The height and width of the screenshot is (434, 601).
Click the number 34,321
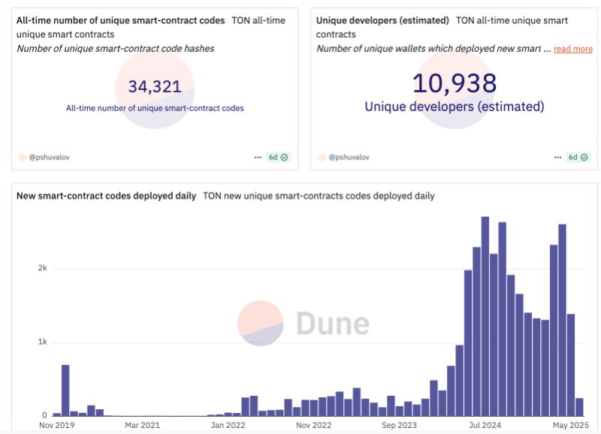coord(155,86)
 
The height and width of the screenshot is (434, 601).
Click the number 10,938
coord(455,83)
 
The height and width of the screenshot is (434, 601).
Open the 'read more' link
coord(572,49)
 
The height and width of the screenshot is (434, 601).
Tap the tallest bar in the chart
coord(485,315)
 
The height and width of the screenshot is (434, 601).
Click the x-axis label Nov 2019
coord(57,424)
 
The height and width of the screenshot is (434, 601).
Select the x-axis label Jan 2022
coord(228,424)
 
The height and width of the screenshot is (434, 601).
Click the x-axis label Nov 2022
coord(313,424)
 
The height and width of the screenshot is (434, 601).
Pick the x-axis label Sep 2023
coord(399,424)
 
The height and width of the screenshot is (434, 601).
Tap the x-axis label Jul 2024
coord(485,424)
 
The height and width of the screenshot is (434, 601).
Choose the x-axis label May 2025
coord(569,424)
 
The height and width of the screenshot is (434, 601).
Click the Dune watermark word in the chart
coord(332,323)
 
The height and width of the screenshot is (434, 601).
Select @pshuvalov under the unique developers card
coord(349,157)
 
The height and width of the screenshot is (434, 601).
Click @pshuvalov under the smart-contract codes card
coord(50,157)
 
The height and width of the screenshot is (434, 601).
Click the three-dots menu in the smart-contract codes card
coord(258,157)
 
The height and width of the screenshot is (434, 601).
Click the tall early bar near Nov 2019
coord(65,390)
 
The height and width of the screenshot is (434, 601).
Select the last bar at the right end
coord(579,406)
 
